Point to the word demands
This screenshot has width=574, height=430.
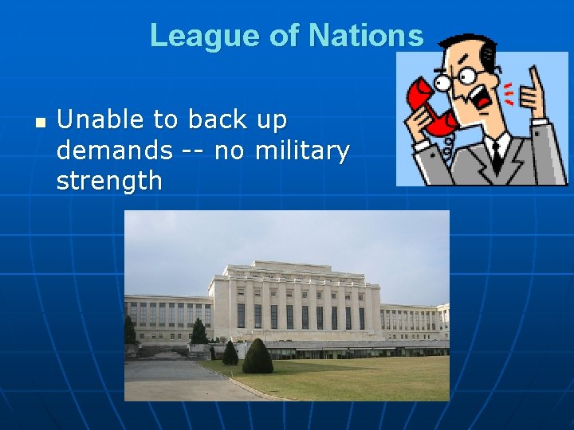pyautogui.click(x=114, y=150)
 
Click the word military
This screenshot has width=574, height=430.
pyautogui.click(x=302, y=150)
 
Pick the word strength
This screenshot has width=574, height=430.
pyautogui.click(x=109, y=181)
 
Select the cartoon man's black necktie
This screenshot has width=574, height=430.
pyautogui.click(x=496, y=155)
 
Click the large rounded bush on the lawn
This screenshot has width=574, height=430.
pyautogui.click(x=258, y=357)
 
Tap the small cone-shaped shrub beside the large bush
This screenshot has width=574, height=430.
pyautogui.click(x=230, y=353)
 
